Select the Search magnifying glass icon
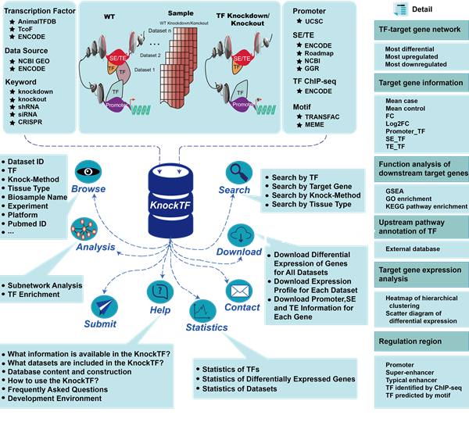236,173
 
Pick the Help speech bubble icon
159,292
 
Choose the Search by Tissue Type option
312,205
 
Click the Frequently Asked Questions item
58,388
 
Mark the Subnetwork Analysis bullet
46,285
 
